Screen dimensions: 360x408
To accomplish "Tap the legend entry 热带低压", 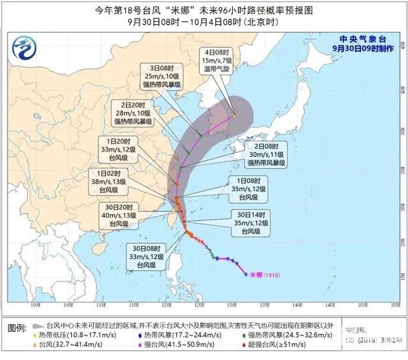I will [64, 334].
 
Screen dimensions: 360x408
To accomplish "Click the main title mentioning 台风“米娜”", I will [204, 10].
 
